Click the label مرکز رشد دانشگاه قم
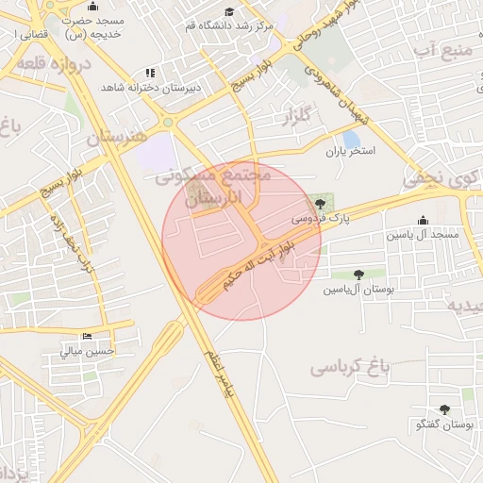[x=230, y=26]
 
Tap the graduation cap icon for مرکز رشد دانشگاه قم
[x=229, y=12]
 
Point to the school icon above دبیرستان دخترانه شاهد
[x=149, y=73]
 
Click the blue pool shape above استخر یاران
[x=351, y=138]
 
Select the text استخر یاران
[x=351, y=151]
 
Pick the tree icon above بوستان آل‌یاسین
[x=358, y=275]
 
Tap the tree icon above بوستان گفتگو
[x=445, y=409]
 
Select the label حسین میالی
[x=87, y=351]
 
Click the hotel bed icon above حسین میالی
[x=87, y=337]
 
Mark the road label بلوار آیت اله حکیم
[x=260, y=267]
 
